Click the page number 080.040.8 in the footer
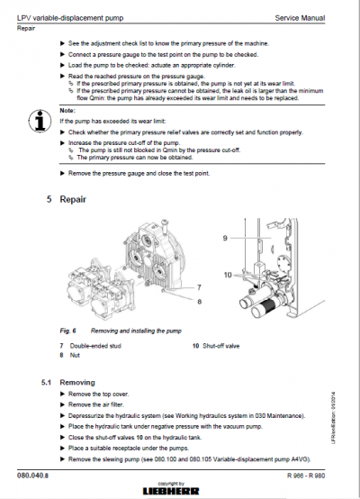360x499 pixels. (33, 474)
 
